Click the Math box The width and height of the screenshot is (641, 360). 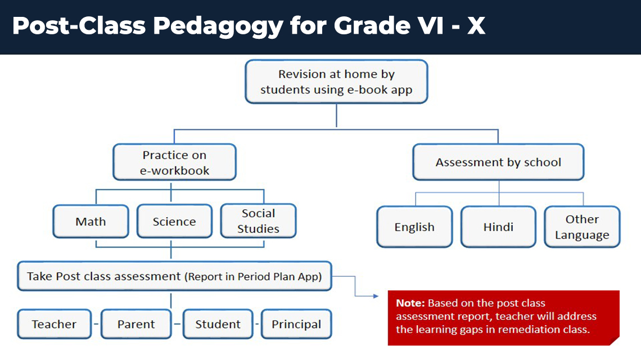coord(91,221)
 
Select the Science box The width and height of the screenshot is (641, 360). coord(174,221)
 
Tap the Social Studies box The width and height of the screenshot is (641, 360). coord(258,221)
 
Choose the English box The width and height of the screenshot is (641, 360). coord(414,227)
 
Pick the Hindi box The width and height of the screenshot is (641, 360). coord(498,227)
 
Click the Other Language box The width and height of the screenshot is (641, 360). coord(582,227)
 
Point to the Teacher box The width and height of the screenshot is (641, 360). coord(55,324)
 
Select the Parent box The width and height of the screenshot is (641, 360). coord(136,324)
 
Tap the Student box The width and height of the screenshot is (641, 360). coord(218,324)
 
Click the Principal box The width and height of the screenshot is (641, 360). coord(296,324)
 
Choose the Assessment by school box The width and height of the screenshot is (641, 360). coord(498,162)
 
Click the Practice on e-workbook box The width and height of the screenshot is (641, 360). coord(174,162)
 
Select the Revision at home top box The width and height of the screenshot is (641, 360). coord(336,82)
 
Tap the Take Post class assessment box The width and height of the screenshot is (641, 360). coord(174,276)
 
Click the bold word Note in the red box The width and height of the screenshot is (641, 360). coord(410,303)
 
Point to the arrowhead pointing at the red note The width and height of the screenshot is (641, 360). coord(376,296)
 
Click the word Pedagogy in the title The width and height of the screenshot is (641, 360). coord(218,27)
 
